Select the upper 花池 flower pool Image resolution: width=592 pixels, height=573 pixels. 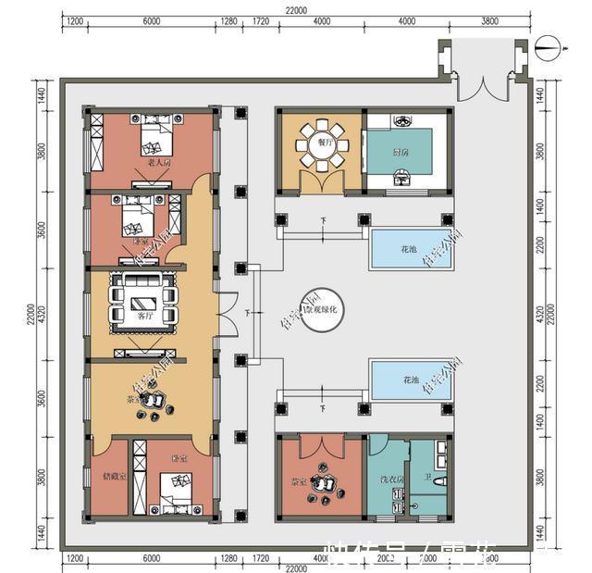click(x=410, y=250)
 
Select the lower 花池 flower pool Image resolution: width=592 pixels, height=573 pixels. click(x=410, y=380)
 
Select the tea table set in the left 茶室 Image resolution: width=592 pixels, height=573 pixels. click(x=156, y=400)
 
